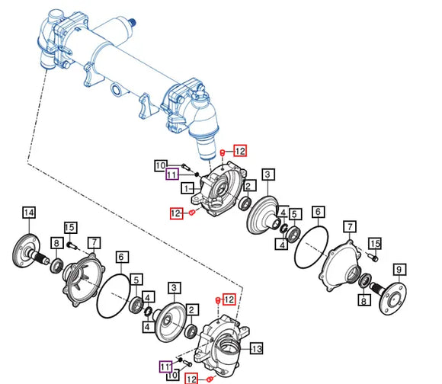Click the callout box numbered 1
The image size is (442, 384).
coord(187,188)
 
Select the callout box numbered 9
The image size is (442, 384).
coord(399,270)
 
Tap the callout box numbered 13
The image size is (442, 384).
coord(256,348)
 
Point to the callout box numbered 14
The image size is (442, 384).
coord(29,213)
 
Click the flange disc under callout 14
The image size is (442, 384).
coord(27,251)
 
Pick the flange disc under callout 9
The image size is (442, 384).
coord(392,299)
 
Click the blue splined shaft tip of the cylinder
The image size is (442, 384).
coord(132,21)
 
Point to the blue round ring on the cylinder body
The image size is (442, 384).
coord(116,90)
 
